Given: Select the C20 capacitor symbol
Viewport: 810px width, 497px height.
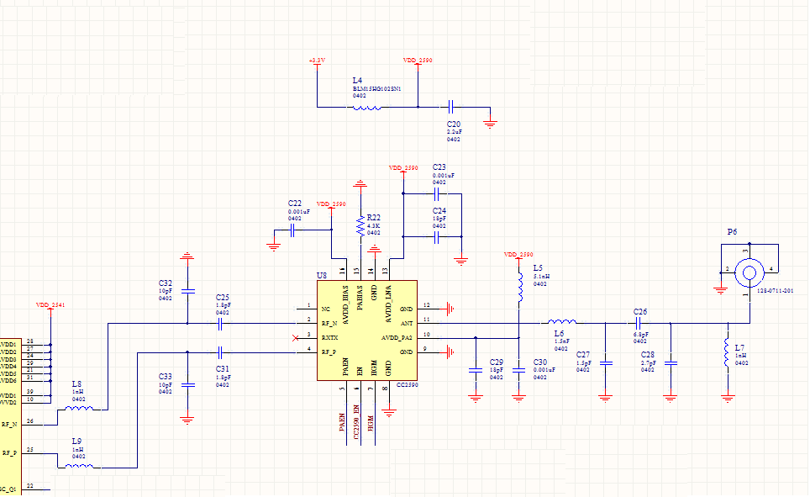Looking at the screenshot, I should coord(451,107).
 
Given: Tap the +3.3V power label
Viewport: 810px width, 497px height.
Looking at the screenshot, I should coord(317,61).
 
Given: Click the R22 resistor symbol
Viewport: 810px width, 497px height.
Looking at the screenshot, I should coord(360,226).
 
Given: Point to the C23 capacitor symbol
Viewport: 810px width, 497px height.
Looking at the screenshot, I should coord(437,193).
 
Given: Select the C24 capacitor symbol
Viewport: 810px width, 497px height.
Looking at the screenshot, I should coord(437,237).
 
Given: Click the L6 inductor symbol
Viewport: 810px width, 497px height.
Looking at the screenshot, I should coord(561,321).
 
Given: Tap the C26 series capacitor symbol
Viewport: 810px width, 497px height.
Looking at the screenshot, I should coord(639,321).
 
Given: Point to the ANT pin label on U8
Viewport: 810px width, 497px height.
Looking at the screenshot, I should coord(407,322).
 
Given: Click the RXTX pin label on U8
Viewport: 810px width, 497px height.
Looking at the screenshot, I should coord(329,336).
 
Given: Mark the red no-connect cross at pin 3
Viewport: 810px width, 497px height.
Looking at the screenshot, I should coord(294,337).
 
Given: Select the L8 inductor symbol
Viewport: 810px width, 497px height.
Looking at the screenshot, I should coord(79,409).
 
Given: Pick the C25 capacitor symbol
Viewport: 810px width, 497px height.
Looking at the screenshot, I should coord(220,321).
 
